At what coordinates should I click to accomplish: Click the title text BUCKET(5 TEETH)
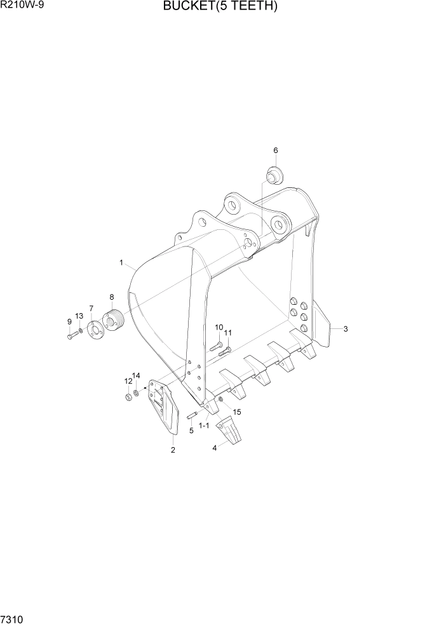220,6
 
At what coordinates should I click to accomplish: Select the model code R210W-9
22,6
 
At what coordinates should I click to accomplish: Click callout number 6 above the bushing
276,151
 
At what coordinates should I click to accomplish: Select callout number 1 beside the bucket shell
121,262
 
